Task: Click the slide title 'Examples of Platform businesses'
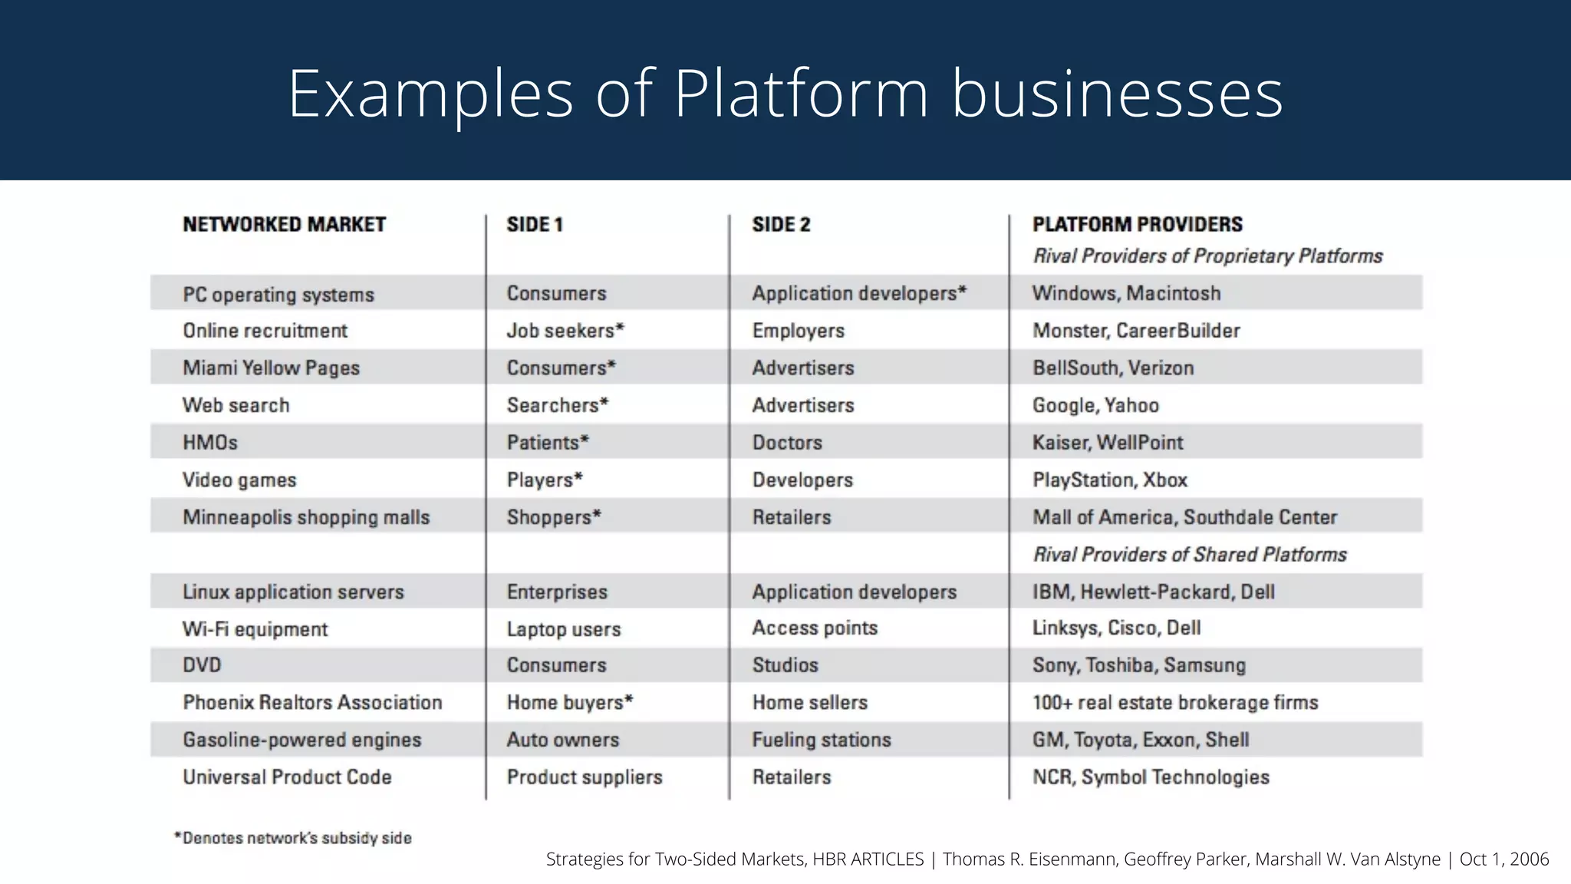coord(785,94)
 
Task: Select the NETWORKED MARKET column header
coord(284,225)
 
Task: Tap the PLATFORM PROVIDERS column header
coord(1137,225)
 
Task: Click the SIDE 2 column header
coord(781,225)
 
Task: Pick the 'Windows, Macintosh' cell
coord(1126,293)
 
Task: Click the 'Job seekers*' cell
coord(565,331)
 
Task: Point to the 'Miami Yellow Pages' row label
coord(271,368)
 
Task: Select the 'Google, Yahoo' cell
coord(1095,405)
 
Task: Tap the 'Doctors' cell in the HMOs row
coord(787,443)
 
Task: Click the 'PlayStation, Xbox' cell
coord(1109,480)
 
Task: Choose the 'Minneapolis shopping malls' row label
coord(306,517)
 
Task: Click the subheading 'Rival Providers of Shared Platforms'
coord(1189,555)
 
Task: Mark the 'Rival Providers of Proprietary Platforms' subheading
coord(1207,256)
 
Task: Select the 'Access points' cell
coord(815,628)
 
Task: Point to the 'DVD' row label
coord(202,665)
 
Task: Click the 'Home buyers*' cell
coord(570,703)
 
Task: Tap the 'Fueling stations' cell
coord(822,741)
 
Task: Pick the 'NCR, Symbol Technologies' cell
coord(1151,777)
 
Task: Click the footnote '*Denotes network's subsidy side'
coord(293,839)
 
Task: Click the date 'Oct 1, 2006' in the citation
coord(1503,859)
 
